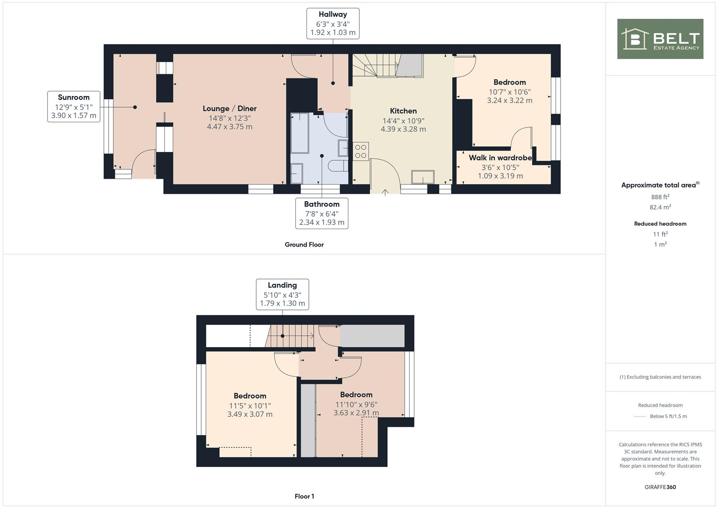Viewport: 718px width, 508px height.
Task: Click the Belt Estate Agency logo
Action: click(660, 39)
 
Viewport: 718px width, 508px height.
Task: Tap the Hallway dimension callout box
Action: click(332, 24)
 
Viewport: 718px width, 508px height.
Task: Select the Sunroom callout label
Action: click(74, 106)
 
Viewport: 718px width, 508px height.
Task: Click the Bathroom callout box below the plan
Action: click(322, 213)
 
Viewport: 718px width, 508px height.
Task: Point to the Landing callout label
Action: click(282, 294)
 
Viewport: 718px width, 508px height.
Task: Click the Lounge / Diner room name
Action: click(229, 109)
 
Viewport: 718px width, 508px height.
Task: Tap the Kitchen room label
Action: click(403, 111)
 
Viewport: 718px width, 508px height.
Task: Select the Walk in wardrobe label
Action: click(500, 158)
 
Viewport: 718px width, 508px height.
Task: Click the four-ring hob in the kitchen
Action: click(361, 151)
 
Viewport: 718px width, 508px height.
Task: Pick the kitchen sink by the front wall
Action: click(423, 177)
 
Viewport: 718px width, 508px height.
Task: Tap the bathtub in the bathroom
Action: click(300, 133)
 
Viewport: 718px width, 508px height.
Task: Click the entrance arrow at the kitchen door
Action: click(385, 191)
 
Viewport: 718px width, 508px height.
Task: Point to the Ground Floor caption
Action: click(304, 245)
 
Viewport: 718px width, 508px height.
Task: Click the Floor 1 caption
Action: click(304, 496)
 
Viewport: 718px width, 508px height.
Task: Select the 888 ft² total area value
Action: click(660, 197)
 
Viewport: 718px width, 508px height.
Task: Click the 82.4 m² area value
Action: click(660, 207)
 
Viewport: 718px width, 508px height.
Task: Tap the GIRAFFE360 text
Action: click(660, 487)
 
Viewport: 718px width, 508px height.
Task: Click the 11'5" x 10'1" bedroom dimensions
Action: click(250, 405)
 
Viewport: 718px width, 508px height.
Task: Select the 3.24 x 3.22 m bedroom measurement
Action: click(509, 100)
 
